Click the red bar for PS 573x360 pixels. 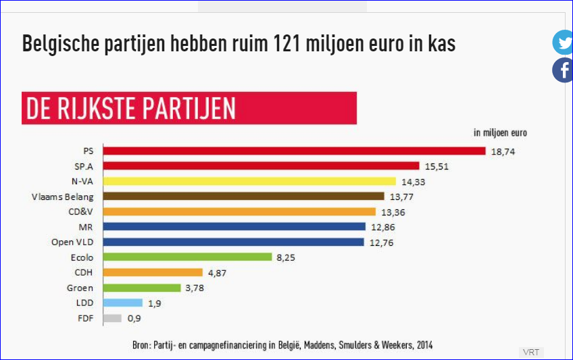294,151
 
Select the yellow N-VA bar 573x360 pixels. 249,181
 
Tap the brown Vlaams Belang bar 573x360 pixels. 243,197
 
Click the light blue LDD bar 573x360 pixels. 122,303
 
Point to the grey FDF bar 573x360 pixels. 112,318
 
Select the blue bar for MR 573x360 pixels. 234,227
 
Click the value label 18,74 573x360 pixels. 503,152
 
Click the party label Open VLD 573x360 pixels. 72,242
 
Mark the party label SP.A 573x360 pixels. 83,166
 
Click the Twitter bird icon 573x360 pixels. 563,43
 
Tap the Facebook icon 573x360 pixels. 563,70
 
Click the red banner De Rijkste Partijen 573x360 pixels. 189,108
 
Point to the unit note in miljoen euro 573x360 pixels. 500,132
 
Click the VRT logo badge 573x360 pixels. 530,352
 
